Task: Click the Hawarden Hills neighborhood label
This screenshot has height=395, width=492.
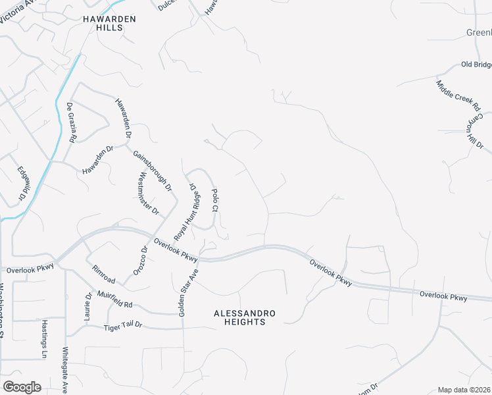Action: [109, 24]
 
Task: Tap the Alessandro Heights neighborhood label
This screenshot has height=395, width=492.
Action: [239, 317]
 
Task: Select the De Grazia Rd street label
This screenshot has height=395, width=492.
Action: [71, 122]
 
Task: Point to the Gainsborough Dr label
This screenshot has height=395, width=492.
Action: [152, 171]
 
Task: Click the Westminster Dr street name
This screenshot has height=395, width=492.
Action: [147, 193]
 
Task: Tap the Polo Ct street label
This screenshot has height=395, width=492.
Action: [214, 199]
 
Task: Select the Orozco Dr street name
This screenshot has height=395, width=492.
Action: [141, 260]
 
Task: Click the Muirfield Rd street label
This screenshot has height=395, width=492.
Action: [115, 300]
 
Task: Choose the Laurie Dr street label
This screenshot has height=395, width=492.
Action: [87, 305]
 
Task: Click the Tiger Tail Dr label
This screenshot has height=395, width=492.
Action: [122, 327]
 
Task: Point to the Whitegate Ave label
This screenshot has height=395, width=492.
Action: [65, 369]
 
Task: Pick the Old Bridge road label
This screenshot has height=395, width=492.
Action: [476, 65]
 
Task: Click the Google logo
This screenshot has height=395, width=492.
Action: [22, 387]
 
